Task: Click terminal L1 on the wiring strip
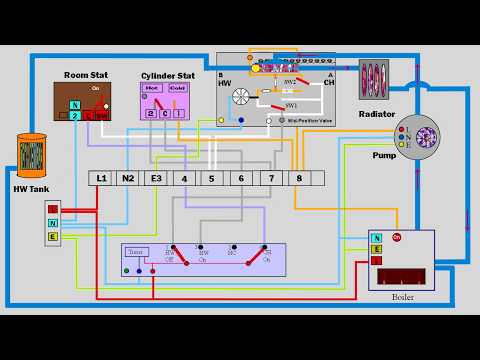click(100, 178)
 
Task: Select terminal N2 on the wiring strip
click(128, 178)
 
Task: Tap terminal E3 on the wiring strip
click(156, 178)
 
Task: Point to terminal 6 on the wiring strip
click(241, 178)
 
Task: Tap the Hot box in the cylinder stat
click(153, 88)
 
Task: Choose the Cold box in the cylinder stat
click(177, 88)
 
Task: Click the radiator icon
click(376, 80)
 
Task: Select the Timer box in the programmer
click(137, 252)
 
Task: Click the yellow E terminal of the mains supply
click(53, 237)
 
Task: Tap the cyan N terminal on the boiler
click(376, 248)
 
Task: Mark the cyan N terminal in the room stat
click(75, 104)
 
